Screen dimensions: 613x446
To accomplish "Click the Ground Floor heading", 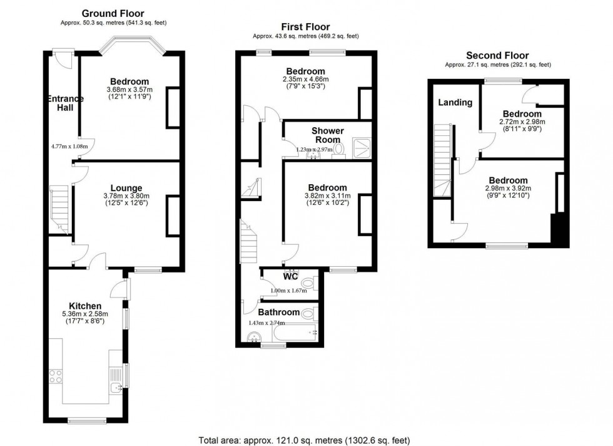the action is [113, 14].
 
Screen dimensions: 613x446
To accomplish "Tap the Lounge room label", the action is [126, 188].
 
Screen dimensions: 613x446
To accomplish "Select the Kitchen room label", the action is [85, 306].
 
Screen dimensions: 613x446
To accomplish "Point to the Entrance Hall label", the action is [65, 103].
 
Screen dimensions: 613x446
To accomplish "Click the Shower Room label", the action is [328, 135].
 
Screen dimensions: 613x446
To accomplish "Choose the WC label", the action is [290, 276].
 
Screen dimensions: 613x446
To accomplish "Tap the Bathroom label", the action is [279, 312].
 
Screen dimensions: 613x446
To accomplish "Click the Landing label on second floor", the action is [455, 103].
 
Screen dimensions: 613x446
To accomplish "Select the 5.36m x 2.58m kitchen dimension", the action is [85, 314].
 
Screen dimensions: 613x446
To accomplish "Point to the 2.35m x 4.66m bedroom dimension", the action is [306, 79].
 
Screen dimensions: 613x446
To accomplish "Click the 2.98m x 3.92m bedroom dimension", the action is [508, 189].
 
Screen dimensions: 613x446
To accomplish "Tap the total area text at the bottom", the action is [304, 440].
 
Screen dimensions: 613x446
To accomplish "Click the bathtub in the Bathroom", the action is [295, 333].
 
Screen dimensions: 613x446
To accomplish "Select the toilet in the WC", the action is [312, 281].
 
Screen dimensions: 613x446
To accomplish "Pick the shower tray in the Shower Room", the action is [362, 148].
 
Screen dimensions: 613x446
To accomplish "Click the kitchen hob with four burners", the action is [56, 376].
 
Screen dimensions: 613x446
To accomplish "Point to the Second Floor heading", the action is [497, 56].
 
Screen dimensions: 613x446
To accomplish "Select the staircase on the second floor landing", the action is [443, 160].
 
